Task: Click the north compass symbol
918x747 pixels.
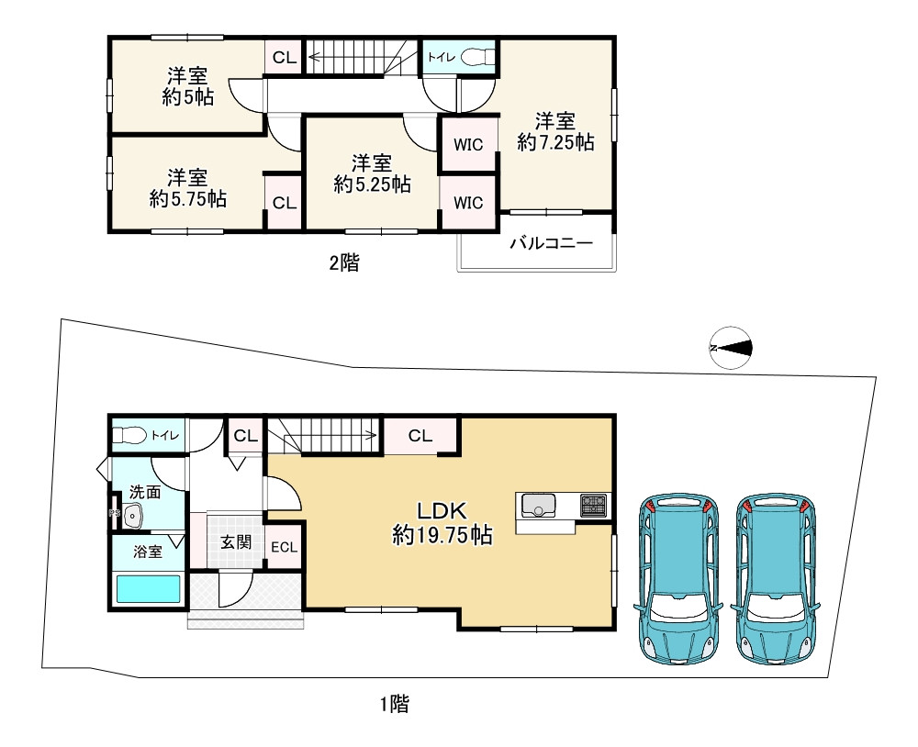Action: [x=732, y=348]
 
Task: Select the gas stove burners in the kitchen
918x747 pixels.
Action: [x=592, y=504]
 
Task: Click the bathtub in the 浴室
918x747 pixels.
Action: [x=148, y=588]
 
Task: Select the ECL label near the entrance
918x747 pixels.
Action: [x=284, y=547]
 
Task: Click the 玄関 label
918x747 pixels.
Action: [x=235, y=541]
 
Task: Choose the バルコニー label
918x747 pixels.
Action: [x=551, y=244]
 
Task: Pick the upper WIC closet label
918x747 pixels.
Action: [x=468, y=145]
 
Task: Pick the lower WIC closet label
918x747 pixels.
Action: [x=468, y=203]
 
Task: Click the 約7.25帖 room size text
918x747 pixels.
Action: [x=555, y=142]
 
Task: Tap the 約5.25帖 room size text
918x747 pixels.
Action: [x=372, y=184]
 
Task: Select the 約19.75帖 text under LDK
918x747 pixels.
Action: [x=442, y=537]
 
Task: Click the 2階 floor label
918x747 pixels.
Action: [x=344, y=264]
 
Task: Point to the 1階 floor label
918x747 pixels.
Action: [x=395, y=705]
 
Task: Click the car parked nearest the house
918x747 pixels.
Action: [x=679, y=578]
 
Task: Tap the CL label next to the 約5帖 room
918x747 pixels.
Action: [x=285, y=58]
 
